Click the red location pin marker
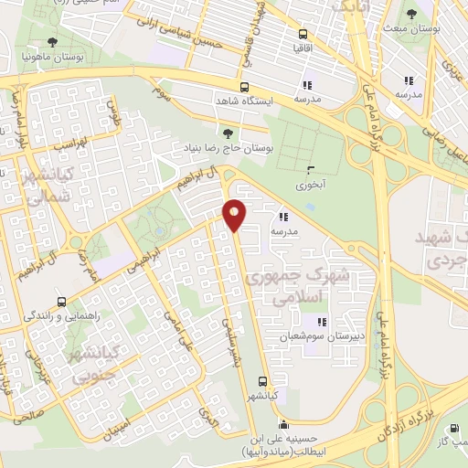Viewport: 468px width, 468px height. [234, 215]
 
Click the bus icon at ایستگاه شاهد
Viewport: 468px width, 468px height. [245, 88]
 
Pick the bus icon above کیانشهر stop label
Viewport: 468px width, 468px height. [263, 381]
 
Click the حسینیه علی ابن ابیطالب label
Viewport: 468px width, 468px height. [283, 444]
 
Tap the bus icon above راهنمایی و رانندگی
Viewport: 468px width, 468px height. [60, 303]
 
